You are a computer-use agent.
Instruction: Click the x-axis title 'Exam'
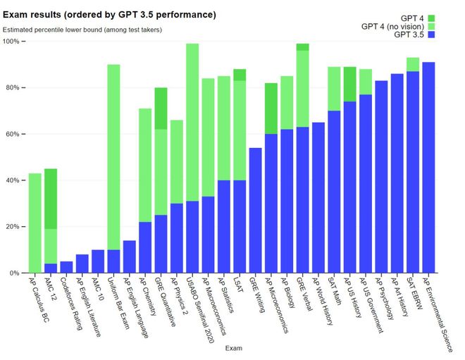coord(233,348)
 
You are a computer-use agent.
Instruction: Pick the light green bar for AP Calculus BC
coord(35,223)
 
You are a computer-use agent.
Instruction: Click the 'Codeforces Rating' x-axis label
coord(77,299)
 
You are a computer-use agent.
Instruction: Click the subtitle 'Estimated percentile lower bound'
coord(82,30)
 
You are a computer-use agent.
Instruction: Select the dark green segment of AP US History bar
coord(350,84)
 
